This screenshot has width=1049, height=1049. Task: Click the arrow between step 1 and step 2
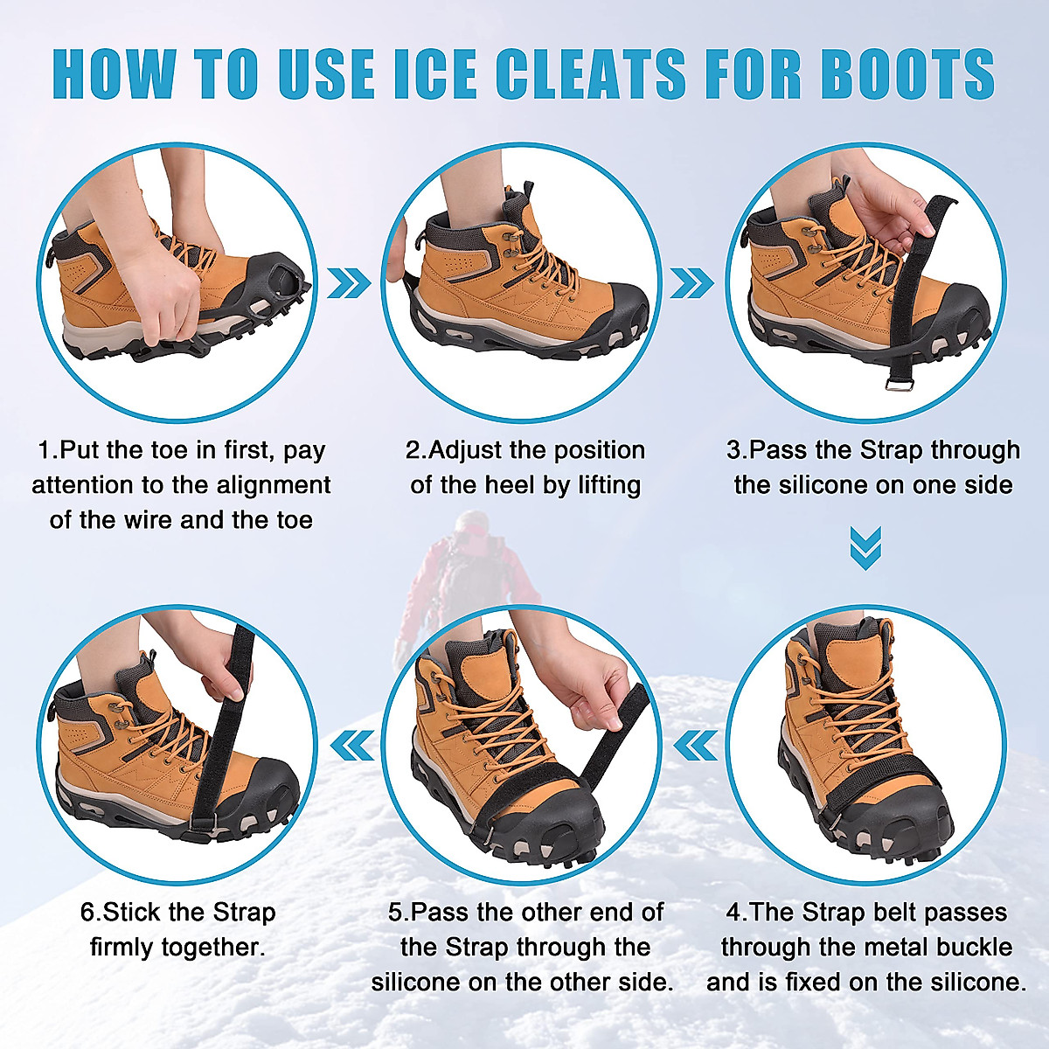coord(350,282)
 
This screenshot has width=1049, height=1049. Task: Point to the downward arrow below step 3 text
coord(865,548)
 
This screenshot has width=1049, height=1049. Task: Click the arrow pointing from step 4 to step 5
coord(696,746)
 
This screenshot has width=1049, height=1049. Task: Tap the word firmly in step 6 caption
coord(131,948)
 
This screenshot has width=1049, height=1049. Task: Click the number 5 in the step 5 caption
coord(396,913)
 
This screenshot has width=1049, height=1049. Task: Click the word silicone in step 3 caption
coord(783,485)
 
